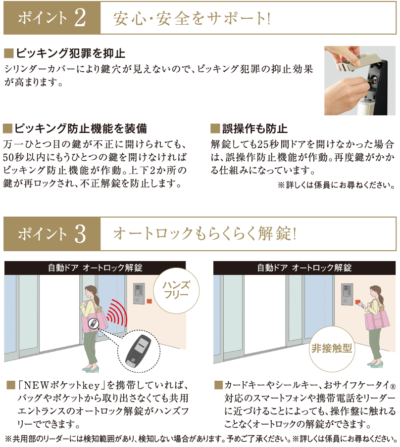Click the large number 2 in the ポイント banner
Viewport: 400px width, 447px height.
pyautogui.click(x=80, y=18)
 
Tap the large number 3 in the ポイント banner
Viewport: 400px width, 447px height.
pyautogui.click(x=80, y=234)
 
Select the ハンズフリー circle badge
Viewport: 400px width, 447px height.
pyautogui.click(x=176, y=290)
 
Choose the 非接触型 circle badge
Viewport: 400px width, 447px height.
pyautogui.click(x=332, y=349)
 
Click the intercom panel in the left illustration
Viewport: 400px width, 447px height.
pyautogui.click(x=139, y=293)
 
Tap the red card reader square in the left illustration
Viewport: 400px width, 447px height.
pyautogui.click(x=150, y=301)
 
